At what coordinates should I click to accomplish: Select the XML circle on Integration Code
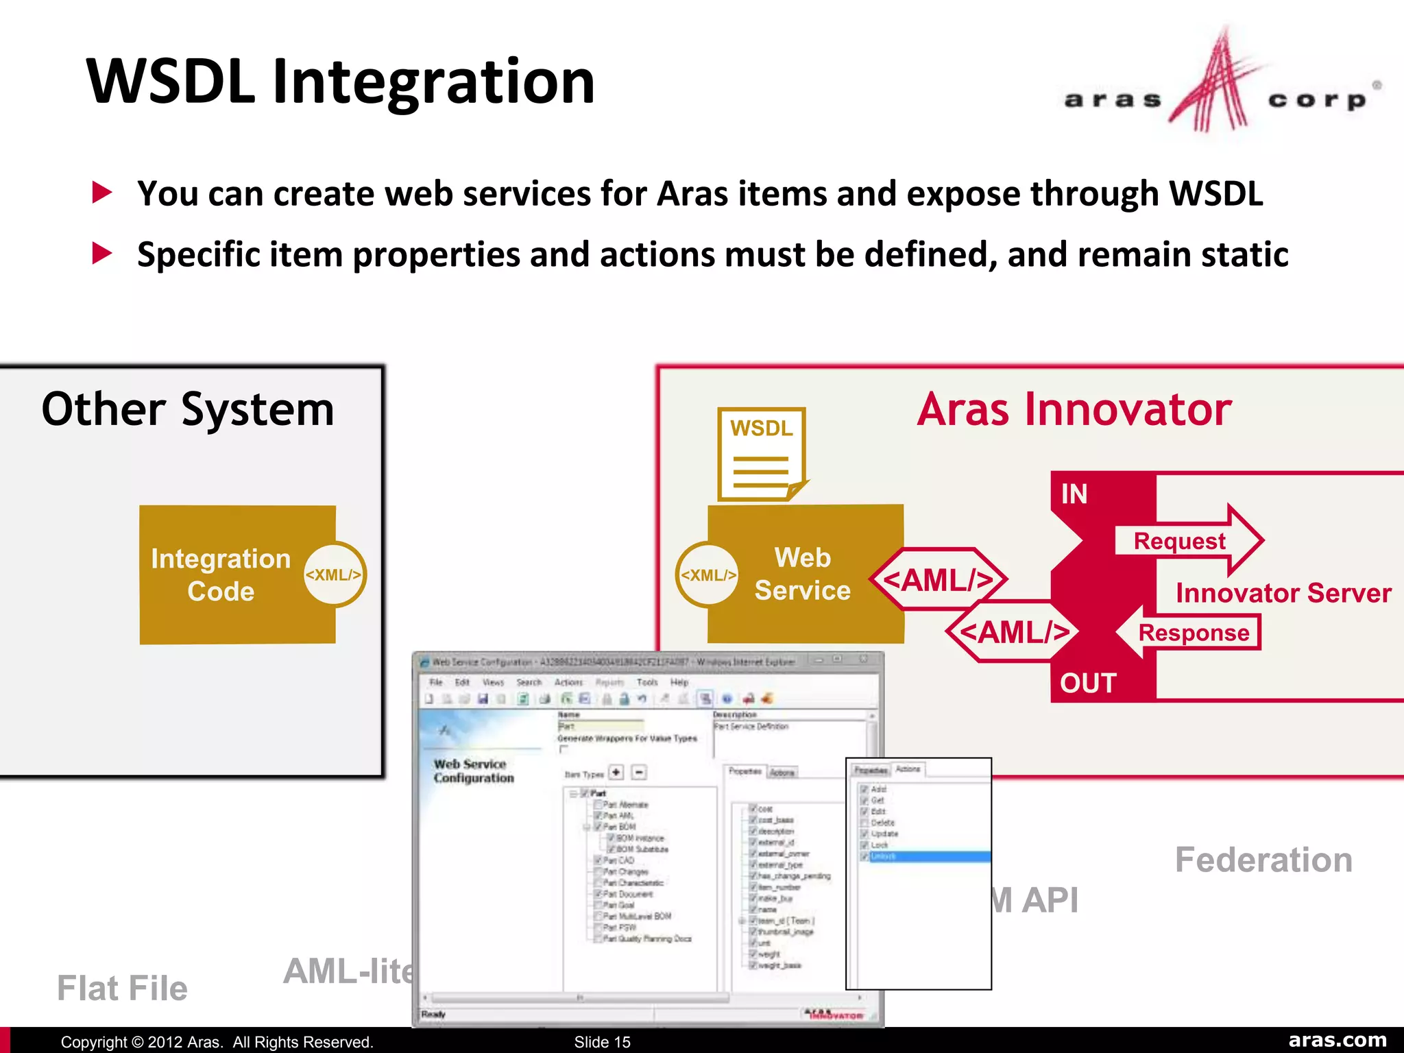(334, 574)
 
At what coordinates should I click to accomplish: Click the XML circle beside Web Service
(708, 574)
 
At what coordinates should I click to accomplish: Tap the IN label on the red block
(1074, 494)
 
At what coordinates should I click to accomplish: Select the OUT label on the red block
(1088, 683)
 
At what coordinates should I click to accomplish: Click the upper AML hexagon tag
(938, 580)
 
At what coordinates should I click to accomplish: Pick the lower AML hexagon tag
(1013, 631)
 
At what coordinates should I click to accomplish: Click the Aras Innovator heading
(1074, 409)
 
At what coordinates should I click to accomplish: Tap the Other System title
(188, 409)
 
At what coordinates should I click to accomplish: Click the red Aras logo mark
(1213, 86)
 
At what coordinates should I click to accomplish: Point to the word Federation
(1263, 860)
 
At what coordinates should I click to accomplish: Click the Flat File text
(122, 988)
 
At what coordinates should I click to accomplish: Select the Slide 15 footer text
(602, 1041)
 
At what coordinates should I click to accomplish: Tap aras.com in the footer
(1337, 1040)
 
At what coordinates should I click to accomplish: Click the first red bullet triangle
(102, 193)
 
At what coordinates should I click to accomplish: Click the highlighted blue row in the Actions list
(925, 856)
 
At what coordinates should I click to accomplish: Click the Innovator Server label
(1283, 592)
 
